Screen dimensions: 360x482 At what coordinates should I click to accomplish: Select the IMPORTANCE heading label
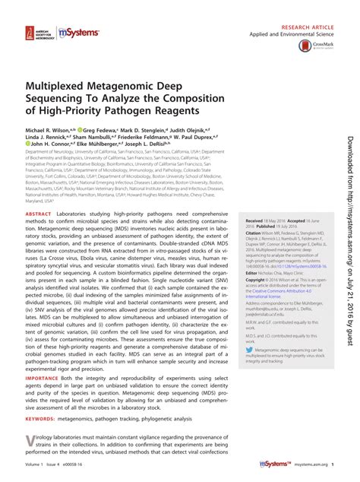pyautogui.click(x=44, y=376)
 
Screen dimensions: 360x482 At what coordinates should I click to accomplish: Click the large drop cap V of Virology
pyautogui.click(x=30, y=442)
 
